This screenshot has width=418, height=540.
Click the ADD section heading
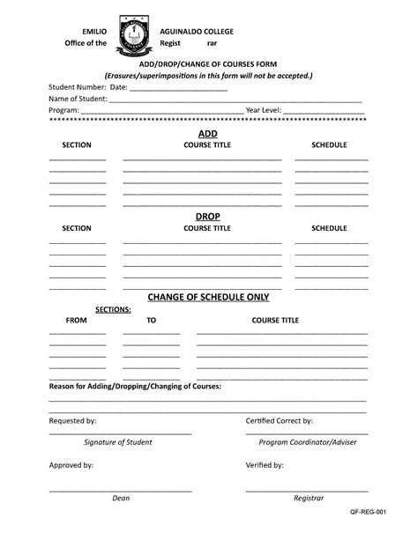point(207,133)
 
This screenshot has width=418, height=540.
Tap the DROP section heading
point(207,217)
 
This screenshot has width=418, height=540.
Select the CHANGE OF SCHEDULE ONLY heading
point(208,297)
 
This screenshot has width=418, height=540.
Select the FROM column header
point(77,321)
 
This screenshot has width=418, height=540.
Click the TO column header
point(151,321)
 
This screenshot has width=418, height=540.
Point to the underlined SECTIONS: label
point(114,310)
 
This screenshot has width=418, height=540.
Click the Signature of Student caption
point(118,442)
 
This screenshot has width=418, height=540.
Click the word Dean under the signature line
point(121,498)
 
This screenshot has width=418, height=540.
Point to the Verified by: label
point(265,464)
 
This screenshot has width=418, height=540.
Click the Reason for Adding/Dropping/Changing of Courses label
point(135,387)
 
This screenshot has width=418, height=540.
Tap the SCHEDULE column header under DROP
point(329,228)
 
